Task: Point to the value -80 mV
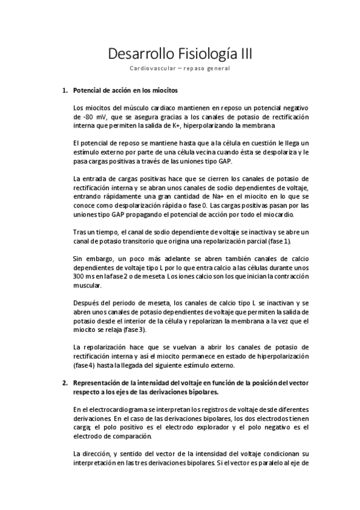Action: click(x=84, y=116)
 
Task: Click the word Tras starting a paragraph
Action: click(x=78, y=233)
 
